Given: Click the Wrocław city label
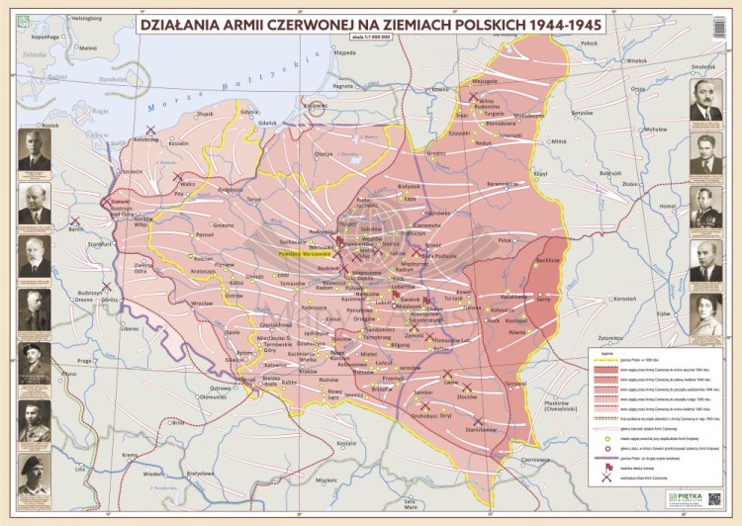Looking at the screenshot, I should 203,304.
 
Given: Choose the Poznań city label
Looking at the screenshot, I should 205,235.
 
